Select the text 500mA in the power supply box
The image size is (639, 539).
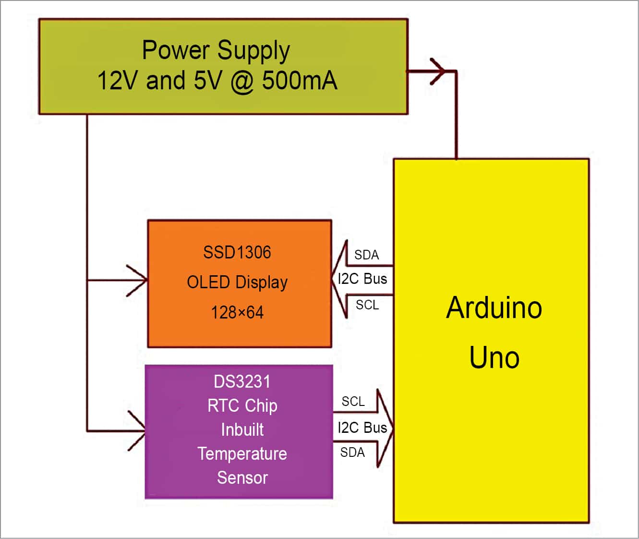(x=299, y=80)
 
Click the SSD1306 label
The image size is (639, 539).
(x=237, y=252)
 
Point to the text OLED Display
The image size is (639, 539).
(x=237, y=282)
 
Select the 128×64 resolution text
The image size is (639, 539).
(x=237, y=313)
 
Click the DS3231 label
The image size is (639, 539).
(x=242, y=382)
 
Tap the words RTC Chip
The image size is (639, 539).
(x=242, y=406)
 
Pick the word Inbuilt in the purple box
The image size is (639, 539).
(x=242, y=429)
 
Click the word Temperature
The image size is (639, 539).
(x=242, y=453)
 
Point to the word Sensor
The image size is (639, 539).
(x=242, y=478)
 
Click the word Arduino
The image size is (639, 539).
(x=494, y=307)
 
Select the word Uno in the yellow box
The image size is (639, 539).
(x=494, y=357)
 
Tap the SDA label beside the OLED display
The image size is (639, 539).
(x=367, y=255)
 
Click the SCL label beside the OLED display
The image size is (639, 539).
(x=367, y=305)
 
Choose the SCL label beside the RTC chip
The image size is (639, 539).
(x=353, y=401)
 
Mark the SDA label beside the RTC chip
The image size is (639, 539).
(x=352, y=452)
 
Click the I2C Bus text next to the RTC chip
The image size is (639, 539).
(x=362, y=427)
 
